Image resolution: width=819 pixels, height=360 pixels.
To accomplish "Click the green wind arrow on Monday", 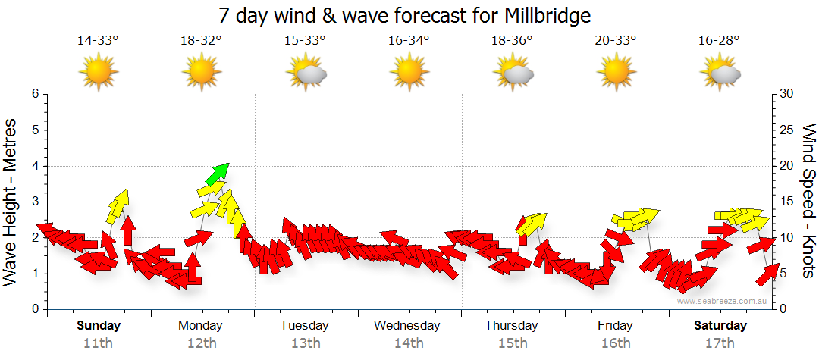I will [217, 174].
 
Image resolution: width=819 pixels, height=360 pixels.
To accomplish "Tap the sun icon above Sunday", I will [98, 73].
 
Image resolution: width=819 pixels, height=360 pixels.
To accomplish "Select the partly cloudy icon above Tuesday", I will [306, 73].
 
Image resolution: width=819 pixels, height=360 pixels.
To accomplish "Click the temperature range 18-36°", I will [512, 41].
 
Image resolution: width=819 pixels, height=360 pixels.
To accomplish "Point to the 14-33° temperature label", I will [98, 41].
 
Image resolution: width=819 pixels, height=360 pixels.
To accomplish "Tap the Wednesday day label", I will [407, 325].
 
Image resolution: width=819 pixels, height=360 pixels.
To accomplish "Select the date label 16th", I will [616, 343].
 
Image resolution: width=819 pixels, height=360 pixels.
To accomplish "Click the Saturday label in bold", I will [720, 325].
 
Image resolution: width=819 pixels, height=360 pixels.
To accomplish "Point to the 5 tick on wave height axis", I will [35, 130].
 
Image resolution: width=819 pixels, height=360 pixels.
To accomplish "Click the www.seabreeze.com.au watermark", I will [723, 302].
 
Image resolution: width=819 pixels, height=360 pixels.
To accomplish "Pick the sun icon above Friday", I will [616, 73].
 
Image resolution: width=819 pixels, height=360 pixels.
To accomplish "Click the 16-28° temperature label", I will [719, 41].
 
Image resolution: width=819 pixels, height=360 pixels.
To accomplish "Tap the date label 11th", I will [98, 343].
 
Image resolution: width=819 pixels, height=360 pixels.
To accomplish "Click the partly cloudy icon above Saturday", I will [720, 73].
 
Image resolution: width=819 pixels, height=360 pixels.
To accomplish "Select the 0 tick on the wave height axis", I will [35, 309].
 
